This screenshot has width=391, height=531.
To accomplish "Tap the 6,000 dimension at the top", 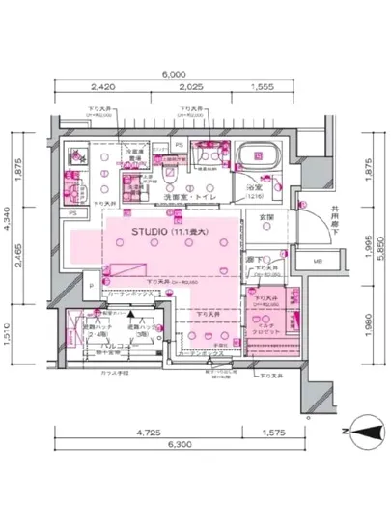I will [174, 73].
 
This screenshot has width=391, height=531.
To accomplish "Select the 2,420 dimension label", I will [93, 86].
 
